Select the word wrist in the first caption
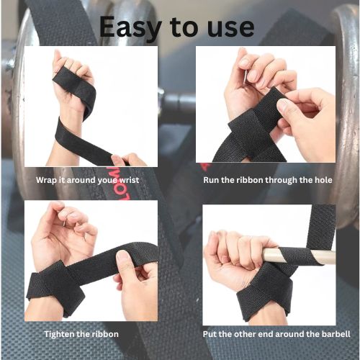pos(129,180)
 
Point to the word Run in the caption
pos(211,180)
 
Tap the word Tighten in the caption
pos(60,334)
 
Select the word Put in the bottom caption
pos(210,334)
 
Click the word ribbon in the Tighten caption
pos(105,334)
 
